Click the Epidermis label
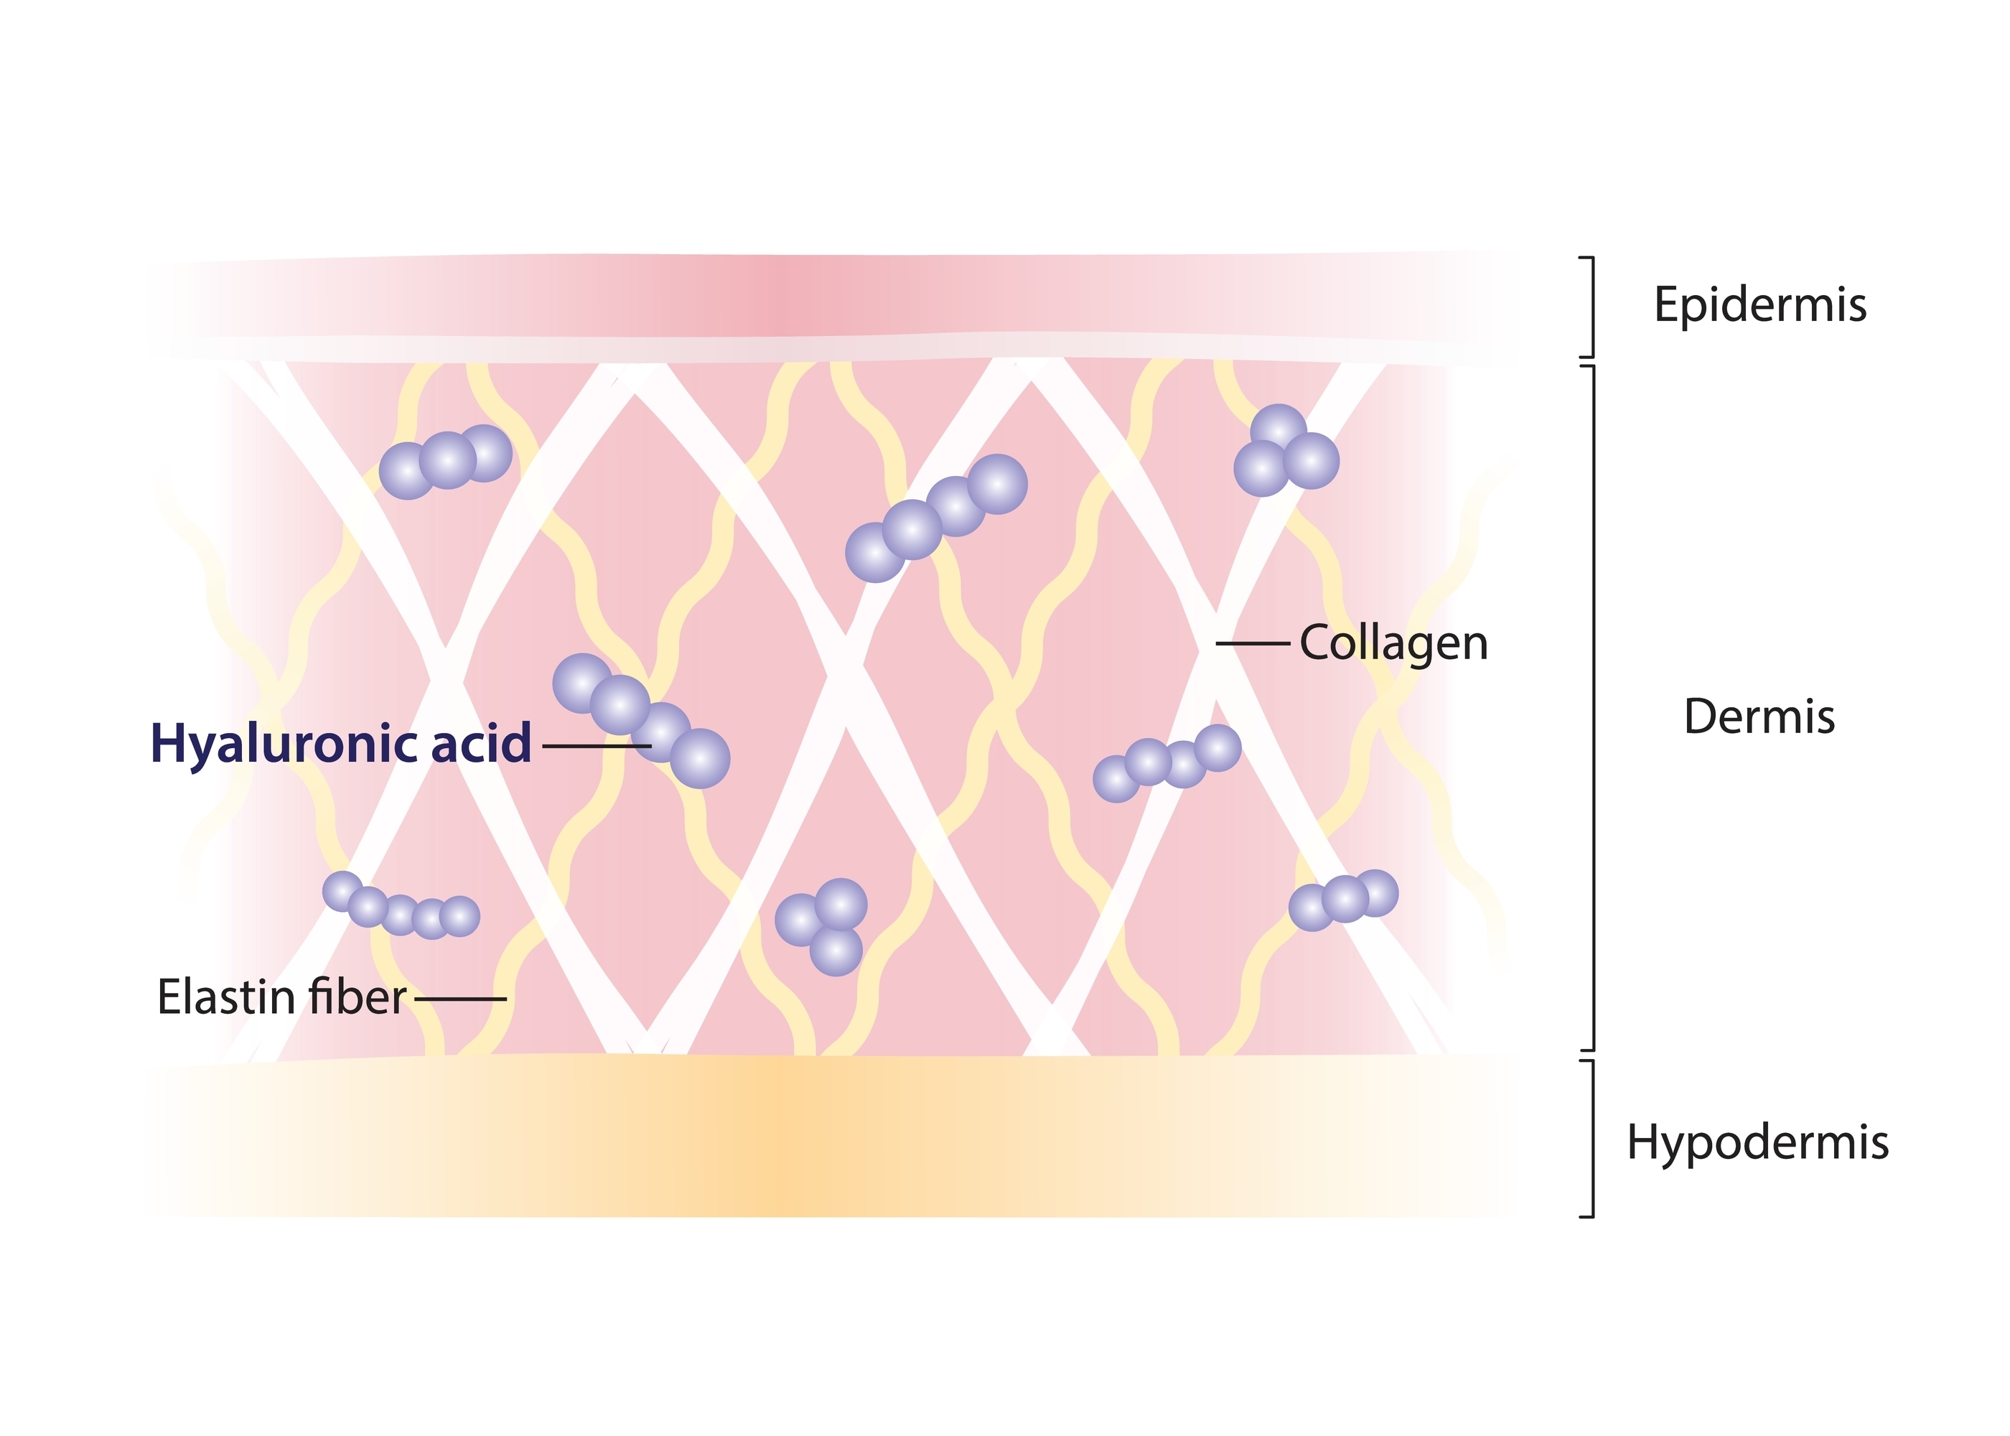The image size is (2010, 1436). [x=1760, y=306]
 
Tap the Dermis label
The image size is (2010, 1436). [x=1759, y=717]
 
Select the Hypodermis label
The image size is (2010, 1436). [x=1758, y=1143]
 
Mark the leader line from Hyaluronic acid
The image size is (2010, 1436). [x=597, y=746]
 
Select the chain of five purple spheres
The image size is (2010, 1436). [x=401, y=906]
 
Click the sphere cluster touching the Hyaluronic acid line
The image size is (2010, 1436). [x=641, y=721]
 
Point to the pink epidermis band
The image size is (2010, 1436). [x=831, y=306]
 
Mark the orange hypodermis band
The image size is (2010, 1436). [x=831, y=1137]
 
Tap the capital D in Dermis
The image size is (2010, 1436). [x=1701, y=717]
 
